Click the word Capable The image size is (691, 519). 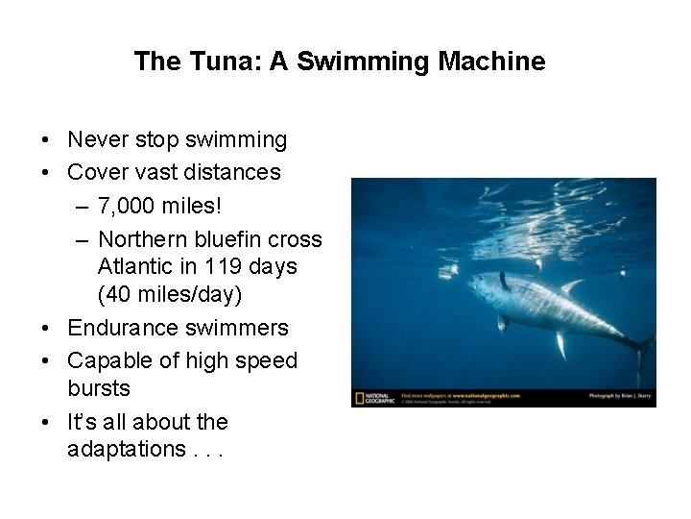pos(107,360)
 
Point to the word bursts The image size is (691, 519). pos(99,389)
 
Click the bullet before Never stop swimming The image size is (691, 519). pos(46,140)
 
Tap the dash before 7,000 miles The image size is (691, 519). pos(79,206)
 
